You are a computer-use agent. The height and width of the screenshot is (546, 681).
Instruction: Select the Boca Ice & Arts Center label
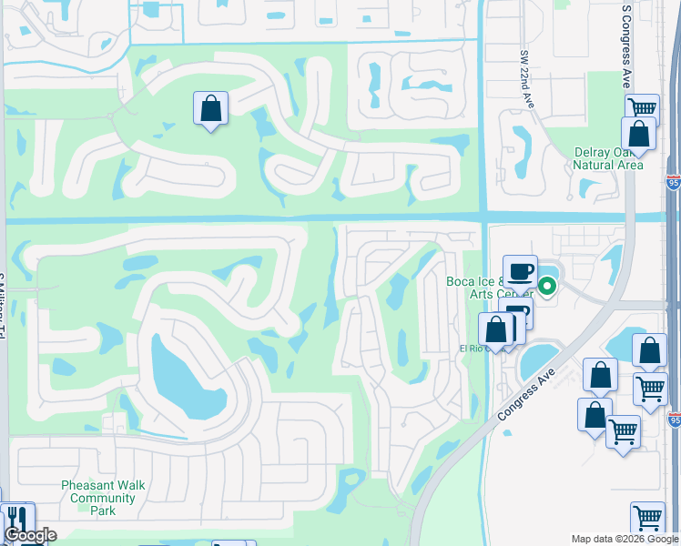(x=488, y=288)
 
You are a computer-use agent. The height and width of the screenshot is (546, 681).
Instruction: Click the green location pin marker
(x=546, y=287)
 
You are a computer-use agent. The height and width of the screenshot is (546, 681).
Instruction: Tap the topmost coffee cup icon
(x=520, y=271)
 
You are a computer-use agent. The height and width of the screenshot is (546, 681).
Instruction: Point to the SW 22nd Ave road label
(x=525, y=83)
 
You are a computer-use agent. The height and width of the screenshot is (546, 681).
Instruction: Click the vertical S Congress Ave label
(x=626, y=45)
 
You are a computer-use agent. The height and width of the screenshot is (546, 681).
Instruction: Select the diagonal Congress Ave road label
(x=528, y=388)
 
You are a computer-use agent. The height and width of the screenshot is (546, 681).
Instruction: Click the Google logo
(x=29, y=535)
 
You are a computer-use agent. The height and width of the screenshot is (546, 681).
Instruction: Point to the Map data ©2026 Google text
(x=625, y=539)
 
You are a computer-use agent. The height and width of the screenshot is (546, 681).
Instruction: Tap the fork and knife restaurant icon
(x=15, y=519)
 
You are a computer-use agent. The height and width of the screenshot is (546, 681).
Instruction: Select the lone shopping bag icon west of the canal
(x=210, y=108)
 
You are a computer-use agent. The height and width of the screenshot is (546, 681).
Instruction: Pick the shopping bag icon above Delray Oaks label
(x=638, y=134)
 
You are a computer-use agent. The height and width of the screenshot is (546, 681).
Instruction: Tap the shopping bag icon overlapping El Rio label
(x=496, y=329)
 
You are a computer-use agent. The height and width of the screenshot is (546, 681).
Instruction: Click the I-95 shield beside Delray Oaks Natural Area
(x=673, y=184)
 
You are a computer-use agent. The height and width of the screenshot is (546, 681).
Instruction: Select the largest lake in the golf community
(x=186, y=373)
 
